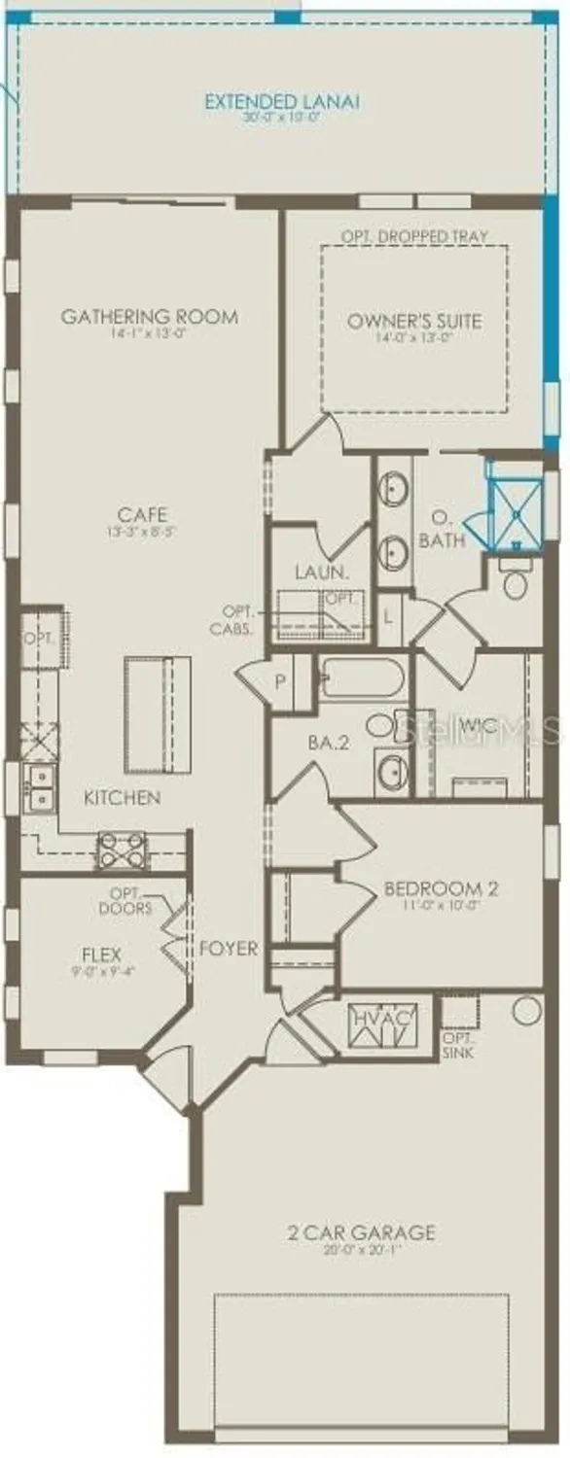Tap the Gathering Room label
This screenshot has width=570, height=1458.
150,317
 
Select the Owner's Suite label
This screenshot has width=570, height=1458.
414,320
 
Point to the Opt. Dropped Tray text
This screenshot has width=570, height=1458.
414,236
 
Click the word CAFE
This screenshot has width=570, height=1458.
142,514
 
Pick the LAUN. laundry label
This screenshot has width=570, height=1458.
321,573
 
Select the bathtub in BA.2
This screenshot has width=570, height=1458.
364,677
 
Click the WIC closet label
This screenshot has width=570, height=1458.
479,725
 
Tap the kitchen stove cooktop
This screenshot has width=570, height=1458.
122,851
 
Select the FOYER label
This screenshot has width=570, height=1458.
230,948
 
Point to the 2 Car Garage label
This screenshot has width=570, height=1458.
361,1233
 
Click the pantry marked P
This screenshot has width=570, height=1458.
280,680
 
